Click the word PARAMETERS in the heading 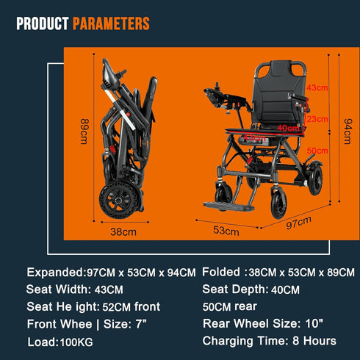(x=111, y=24)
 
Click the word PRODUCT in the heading (x=43, y=24)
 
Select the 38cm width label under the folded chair (x=123, y=232)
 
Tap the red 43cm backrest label (x=317, y=87)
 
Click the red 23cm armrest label (x=317, y=118)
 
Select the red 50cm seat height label (x=317, y=150)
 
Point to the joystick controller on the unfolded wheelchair (x=218, y=94)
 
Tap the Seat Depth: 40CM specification (x=251, y=289)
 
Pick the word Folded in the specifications (x=220, y=271)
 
